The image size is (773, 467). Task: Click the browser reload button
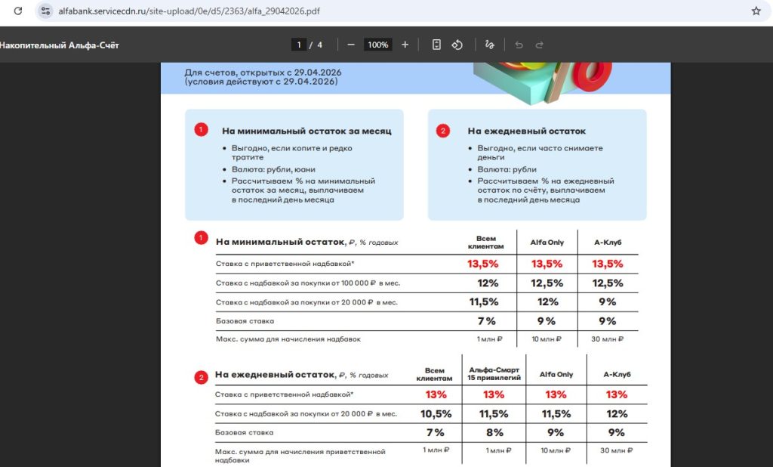pyautogui.click(x=18, y=11)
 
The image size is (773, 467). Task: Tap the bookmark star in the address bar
pyautogui.click(x=756, y=11)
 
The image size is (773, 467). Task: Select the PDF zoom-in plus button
pyautogui.click(x=405, y=45)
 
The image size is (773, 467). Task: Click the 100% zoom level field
pyautogui.click(x=377, y=45)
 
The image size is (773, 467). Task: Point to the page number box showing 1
pyautogui.click(x=299, y=45)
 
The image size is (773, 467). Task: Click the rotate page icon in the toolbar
pyautogui.click(x=457, y=45)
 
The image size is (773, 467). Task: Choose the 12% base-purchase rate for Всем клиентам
pyautogui.click(x=488, y=283)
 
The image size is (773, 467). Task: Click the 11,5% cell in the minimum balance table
pyautogui.click(x=484, y=302)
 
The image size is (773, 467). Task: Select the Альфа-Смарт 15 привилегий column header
pyautogui.click(x=494, y=373)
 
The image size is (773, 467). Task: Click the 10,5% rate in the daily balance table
pyautogui.click(x=436, y=413)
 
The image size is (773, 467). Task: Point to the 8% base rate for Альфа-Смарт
pyautogui.click(x=494, y=432)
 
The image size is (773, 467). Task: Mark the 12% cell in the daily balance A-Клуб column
pyautogui.click(x=616, y=413)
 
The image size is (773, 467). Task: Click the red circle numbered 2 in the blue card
pyautogui.click(x=443, y=131)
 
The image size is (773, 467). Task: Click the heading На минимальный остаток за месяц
pyautogui.click(x=306, y=131)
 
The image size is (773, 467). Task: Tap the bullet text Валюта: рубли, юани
pyautogui.click(x=273, y=170)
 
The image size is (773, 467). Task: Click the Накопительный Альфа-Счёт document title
pyautogui.click(x=59, y=45)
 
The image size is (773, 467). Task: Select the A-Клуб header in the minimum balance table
pyautogui.click(x=608, y=243)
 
